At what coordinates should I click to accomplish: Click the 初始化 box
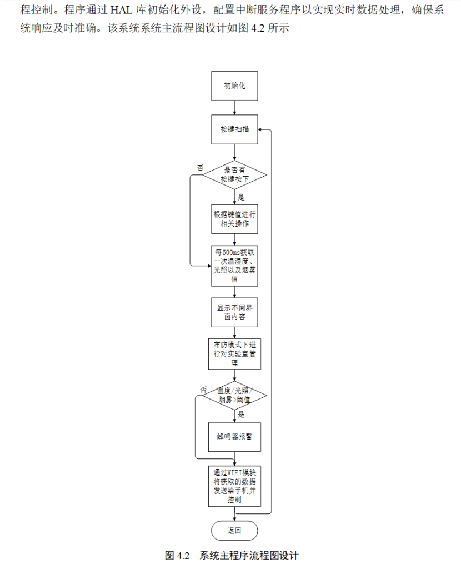point(234,86)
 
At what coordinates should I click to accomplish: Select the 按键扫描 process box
point(234,129)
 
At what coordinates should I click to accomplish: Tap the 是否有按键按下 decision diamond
point(234,175)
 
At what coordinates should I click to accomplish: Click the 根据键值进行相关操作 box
point(234,219)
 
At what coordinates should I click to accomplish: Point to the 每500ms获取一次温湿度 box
point(234,265)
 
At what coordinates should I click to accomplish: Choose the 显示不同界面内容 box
point(234,312)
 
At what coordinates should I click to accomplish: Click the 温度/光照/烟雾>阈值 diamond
point(234,396)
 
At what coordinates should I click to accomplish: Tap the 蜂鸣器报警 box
point(234,436)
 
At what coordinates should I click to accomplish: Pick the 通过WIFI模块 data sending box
point(234,486)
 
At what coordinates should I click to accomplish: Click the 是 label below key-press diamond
point(241,197)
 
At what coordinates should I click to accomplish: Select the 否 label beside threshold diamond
point(203,389)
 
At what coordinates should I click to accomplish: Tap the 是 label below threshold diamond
point(241,415)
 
